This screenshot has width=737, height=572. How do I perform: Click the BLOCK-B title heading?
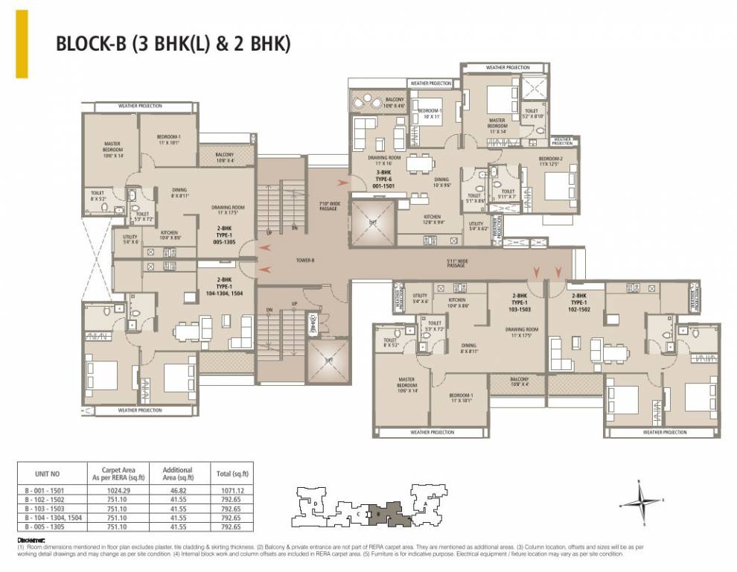173,43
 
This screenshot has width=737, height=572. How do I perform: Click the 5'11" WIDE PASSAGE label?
456,262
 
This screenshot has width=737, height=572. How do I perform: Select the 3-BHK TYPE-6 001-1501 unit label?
384,180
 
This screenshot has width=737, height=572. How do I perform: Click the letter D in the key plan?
316,503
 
